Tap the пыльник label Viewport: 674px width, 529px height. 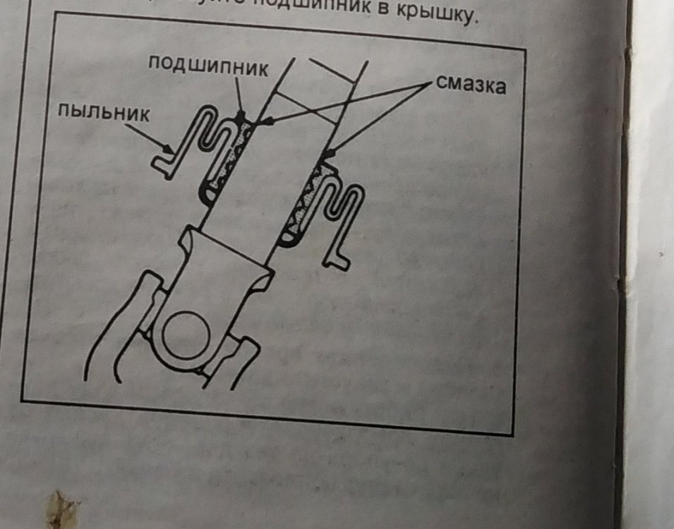click(x=103, y=113)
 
